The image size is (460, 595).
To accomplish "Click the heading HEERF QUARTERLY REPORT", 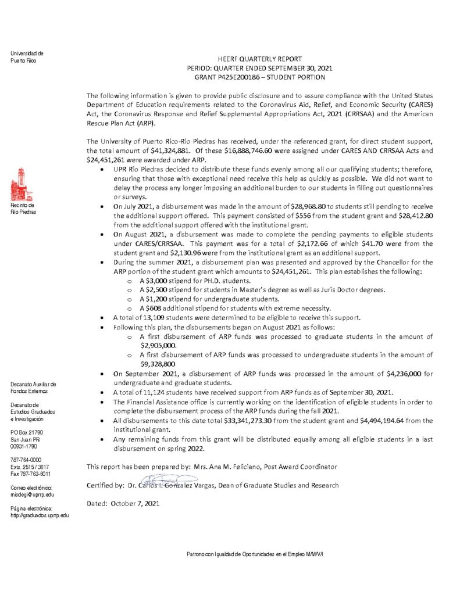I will tap(260, 59).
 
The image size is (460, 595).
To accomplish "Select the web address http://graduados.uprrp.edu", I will tap(40, 515).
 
